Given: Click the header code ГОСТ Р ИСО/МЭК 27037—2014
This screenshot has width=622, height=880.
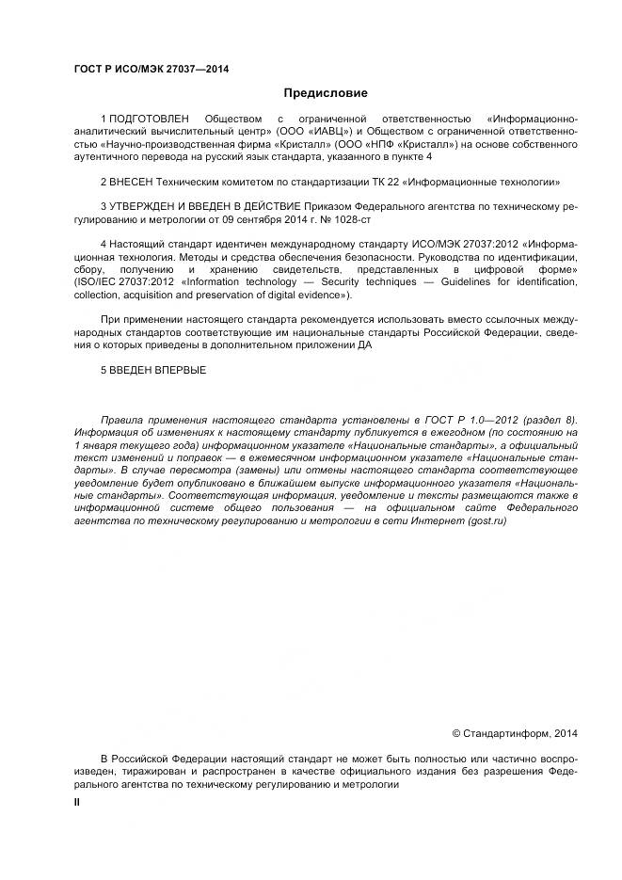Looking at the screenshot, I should pyautogui.click(x=152, y=69).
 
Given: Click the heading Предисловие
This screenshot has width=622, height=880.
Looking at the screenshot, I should pyautogui.click(x=325, y=93).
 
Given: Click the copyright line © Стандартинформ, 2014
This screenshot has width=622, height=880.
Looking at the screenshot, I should pyautogui.click(x=515, y=732).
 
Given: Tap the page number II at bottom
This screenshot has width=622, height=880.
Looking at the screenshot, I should pyautogui.click(x=78, y=801).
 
